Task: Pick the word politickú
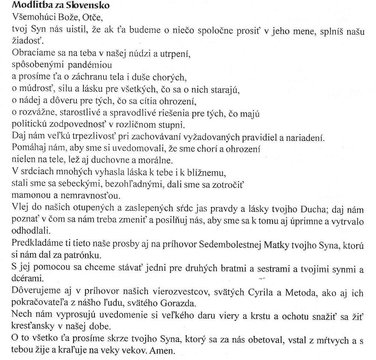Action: (29, 125)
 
